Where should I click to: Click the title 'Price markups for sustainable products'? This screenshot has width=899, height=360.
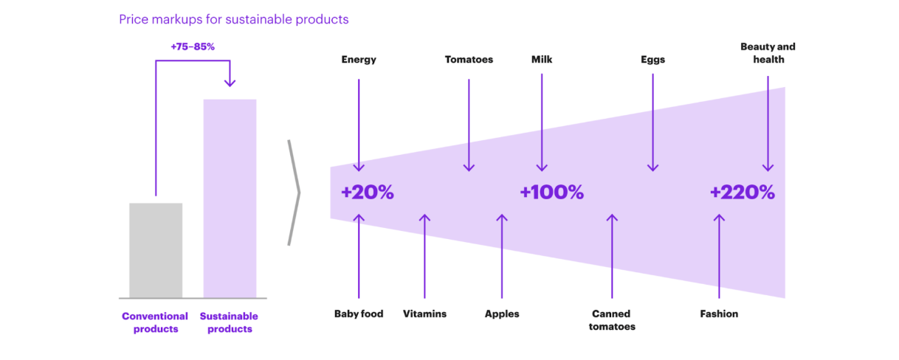233,20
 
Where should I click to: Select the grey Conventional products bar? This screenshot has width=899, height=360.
156,250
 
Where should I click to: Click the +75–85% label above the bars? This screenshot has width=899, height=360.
192,46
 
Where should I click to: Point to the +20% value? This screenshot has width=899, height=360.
367,193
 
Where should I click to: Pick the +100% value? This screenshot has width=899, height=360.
551,193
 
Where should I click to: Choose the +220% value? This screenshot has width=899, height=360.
742,193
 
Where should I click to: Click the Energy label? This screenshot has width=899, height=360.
359,60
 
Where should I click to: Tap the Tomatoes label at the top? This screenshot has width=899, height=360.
469,60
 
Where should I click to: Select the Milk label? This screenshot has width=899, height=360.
542,60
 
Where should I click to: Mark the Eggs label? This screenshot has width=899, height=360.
652,60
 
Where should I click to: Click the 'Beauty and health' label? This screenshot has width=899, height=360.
768,53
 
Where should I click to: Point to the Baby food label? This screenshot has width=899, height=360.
359,314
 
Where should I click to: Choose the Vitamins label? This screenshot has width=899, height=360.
424,314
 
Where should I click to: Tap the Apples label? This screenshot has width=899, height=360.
502,314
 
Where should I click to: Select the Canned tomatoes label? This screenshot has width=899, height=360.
612,320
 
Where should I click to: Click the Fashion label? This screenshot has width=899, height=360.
719,314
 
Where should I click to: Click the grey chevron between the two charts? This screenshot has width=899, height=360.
294,193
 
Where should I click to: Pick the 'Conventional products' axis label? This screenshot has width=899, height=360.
156,322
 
